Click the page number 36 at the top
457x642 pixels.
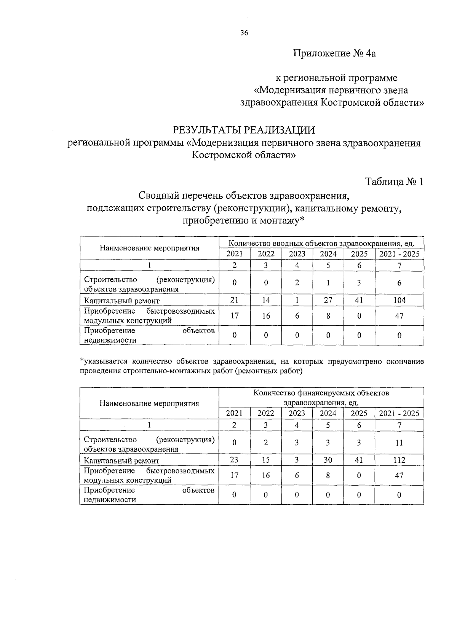click(244, 33)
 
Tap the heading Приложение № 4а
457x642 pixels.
click(334, 53)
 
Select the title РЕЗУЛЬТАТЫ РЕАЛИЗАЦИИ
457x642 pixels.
click(244, 130)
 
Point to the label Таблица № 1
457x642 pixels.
click(394, 182)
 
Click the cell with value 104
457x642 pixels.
click(399, 300)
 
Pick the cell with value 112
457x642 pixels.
click(399, 460)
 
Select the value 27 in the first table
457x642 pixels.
click(328, 300)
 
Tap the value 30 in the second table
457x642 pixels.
click(328, 460)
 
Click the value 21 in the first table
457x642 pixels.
click(235, 300)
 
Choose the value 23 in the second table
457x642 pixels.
click(234, 460)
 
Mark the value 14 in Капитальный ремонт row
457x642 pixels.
click(266, 300)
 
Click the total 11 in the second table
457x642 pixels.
click(399, 443)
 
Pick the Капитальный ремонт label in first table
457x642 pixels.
click(121, 301)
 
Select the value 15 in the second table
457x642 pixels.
click(266, 460)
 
